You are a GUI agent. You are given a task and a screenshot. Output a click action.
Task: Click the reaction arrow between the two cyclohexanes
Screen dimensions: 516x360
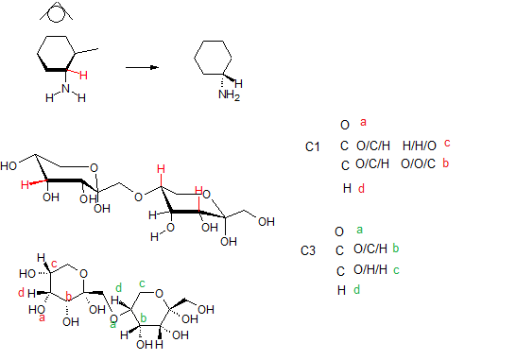[x=142, y=67]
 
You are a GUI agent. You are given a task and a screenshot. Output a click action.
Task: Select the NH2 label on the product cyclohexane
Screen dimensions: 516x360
[x=229, y=95]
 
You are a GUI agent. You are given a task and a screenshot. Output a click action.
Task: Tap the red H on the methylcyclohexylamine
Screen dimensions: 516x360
[x=83, y=76]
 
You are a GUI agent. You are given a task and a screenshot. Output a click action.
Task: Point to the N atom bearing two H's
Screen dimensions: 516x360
[x=66, y=88]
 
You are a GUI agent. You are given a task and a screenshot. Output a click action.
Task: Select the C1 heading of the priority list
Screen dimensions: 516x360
[x=312, y=146]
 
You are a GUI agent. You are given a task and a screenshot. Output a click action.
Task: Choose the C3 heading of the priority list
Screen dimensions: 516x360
[x=308, y=250]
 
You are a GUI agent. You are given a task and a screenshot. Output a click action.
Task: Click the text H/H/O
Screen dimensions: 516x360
[x=420, y=146]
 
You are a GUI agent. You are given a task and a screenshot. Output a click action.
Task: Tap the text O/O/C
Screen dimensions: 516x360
[x=418, y=163]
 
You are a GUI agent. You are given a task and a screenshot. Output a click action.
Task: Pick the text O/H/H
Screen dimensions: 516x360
[x=370, y=269]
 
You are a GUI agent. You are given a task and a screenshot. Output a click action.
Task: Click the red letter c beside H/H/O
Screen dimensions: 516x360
[x=447, y=143]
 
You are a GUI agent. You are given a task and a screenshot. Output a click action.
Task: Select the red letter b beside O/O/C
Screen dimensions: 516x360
[x=445, y=163]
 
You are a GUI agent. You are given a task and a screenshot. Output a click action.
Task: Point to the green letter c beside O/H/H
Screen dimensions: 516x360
[x=396, y=270]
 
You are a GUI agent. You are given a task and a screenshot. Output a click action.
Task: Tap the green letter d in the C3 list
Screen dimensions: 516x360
[x=356, y=289]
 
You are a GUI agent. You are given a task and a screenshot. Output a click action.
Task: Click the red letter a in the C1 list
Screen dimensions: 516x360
[x=363, y=122]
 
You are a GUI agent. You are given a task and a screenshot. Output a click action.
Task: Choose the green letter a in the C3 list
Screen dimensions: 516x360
[x=360, y=230]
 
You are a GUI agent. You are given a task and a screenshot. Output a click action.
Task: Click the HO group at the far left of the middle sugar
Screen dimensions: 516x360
[x=9, y=165]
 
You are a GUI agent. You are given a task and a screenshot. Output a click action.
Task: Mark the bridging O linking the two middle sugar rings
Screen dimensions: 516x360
[x=138, y=197]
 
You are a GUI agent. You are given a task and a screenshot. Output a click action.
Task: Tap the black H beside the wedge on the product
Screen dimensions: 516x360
[x=238, y=83]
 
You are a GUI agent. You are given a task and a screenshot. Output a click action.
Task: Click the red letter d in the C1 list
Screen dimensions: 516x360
[x=361, y=189]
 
